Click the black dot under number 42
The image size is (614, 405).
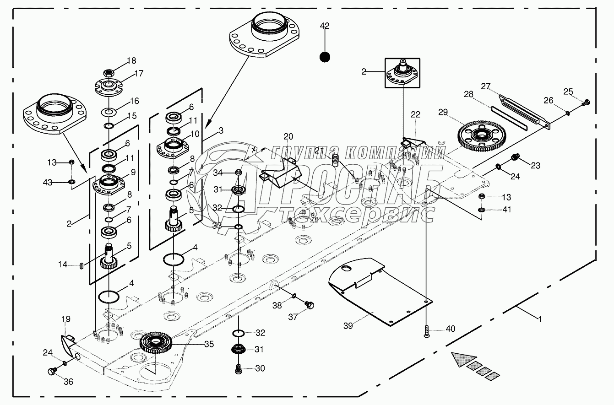click(x=325, y=57)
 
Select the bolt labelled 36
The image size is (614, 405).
click(x=52, y=370)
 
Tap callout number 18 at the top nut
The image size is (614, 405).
click(x=131, y=61)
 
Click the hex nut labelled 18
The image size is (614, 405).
click(x=109, y=72)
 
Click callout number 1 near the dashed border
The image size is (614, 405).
click(x=540, y=319)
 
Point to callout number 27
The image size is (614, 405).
click(x=486, y=86)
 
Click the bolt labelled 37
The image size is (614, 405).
click(x=310, y=305)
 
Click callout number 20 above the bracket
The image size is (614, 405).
click(x=288, y=136)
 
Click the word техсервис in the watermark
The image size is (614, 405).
click(x=357, y=215)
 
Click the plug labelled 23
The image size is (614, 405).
click(x=515, y=158)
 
